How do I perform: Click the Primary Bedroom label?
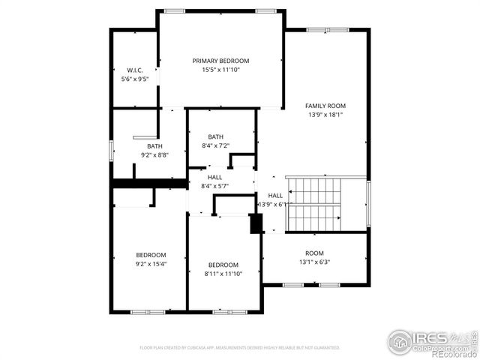coord(220,61)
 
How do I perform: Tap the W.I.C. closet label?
coord(135,70)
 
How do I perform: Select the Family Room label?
coord(325,106)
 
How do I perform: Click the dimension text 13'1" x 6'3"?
coord(314,262)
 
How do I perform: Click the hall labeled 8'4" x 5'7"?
coord(214,186)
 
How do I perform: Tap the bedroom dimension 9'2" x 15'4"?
coord(151,264)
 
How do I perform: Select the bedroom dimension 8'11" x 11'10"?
coord(223,274)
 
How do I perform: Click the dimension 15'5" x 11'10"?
coord(220,70)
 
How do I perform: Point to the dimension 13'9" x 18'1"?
coord(325,115)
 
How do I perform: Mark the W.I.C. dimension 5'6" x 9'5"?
coord(135,79)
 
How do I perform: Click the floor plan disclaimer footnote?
coord(240,348)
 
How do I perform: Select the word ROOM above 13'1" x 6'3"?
coord(314,253)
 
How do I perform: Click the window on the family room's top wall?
coord(327,30)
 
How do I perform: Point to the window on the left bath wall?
coord(112,149)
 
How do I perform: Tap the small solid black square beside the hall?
coord(255,223)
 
